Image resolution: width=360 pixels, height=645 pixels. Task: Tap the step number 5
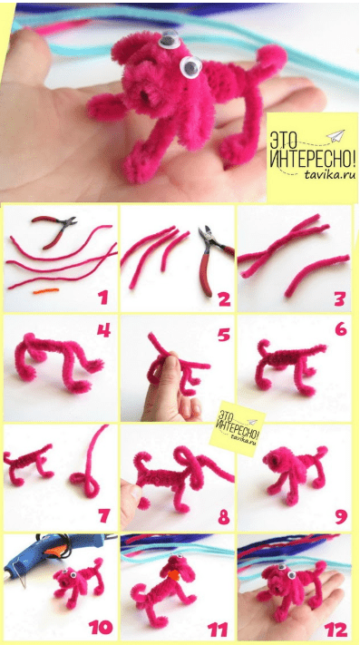coord(224,335)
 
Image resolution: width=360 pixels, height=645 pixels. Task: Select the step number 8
coord(224,517)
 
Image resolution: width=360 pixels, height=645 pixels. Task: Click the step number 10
coord(101,628)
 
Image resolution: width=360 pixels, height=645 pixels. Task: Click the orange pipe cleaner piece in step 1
coord(46,291)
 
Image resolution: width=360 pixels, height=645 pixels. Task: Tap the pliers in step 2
coord(213,259)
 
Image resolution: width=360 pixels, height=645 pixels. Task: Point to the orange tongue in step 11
coord(174,574)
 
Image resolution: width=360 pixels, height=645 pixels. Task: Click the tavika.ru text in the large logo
coord(330,175)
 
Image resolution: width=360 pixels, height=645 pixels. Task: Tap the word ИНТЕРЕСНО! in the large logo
coord(312,159)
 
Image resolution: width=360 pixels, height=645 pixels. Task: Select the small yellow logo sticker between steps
coord(237,428)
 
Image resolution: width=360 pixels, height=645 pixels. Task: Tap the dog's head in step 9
coord(275,459)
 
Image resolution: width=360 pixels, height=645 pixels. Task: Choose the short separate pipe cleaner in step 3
coord(316,274)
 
